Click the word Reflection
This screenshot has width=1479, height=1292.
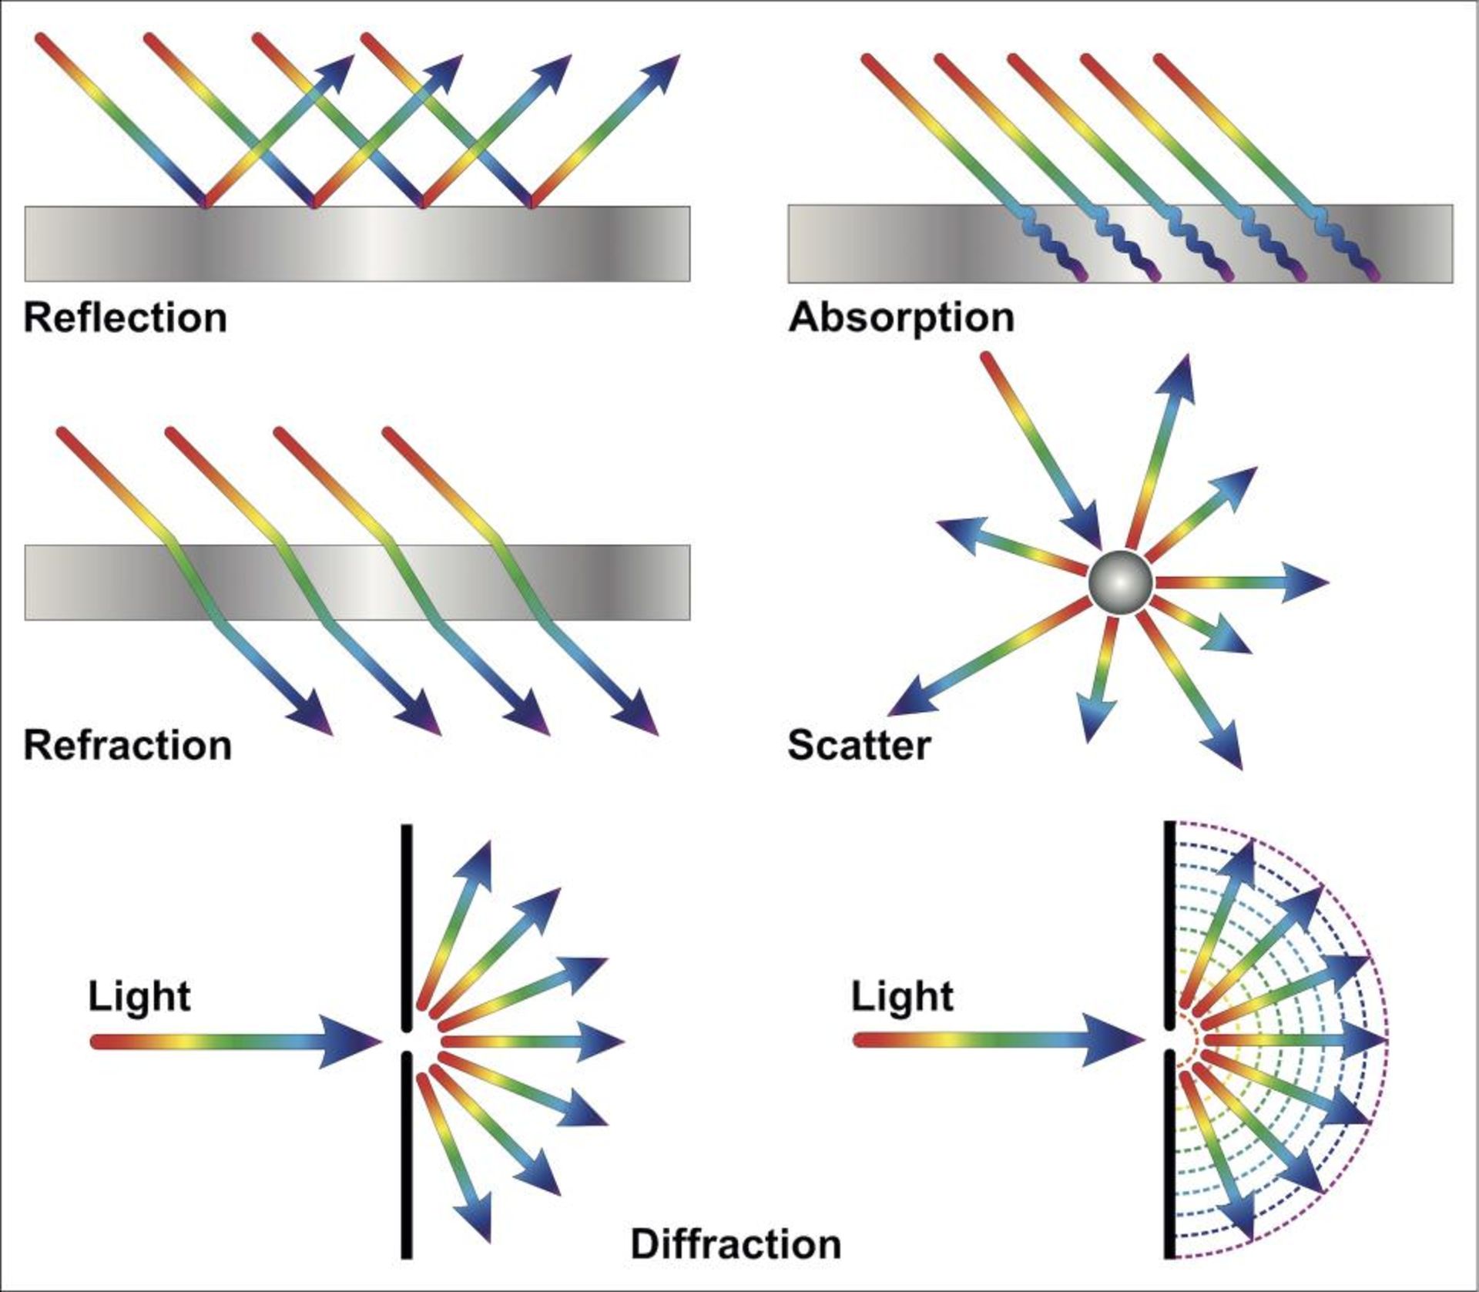(126, 318)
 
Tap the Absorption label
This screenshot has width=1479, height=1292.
(901, 318)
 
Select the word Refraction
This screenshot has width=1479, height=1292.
(128, 746)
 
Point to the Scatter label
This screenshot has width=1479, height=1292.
(859, 746)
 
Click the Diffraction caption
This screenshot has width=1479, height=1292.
(736, 1244)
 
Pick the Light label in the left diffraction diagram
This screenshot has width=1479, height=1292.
(139, 996)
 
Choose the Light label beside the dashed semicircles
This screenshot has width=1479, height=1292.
(902, 996)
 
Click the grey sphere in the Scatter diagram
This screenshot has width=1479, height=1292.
(1121, 582)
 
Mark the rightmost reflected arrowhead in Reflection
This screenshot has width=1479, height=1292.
(662, 72)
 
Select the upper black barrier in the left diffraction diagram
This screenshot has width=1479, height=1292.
(406, 925)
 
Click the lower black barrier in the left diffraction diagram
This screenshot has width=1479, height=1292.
(406, 1156)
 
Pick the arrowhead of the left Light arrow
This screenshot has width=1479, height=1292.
(350, 1042)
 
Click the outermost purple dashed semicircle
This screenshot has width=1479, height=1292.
(1387, 1040)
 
